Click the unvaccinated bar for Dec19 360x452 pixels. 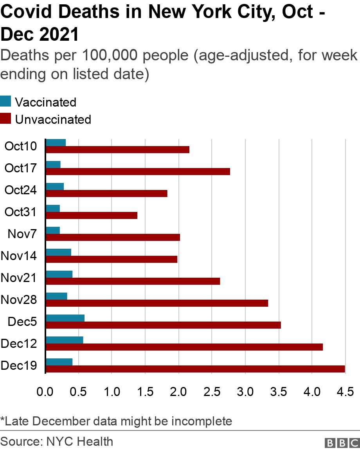195,369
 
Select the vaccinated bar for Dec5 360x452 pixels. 65,318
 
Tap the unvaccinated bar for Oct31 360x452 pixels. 92,215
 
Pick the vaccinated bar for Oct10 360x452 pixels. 56,142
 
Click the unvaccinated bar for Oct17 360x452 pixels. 138,172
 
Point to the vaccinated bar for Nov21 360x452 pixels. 59,274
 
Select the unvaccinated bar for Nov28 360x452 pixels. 157,303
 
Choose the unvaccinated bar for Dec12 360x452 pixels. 184,347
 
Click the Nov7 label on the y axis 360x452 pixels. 22,234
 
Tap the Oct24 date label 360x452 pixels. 21,190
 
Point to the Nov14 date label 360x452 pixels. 19,256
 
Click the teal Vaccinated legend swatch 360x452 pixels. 5,102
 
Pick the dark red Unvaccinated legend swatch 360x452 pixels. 5,119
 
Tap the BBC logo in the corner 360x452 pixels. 342,443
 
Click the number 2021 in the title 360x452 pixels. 59,34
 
